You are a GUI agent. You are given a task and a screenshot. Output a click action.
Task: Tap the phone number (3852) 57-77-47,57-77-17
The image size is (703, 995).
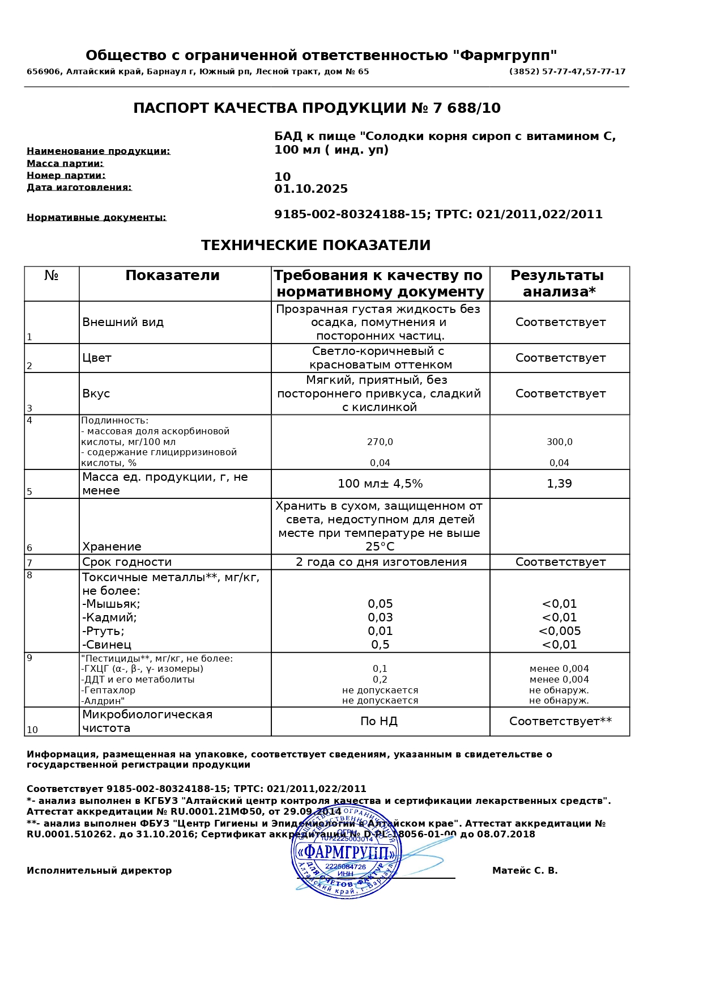point(567,72)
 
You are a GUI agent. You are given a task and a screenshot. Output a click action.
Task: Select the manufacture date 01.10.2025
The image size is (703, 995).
point(311,189)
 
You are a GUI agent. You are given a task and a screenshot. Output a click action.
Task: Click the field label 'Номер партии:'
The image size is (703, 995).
point(66,176)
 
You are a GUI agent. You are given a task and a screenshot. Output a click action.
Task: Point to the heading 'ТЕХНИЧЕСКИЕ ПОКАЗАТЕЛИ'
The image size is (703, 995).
point(316,245)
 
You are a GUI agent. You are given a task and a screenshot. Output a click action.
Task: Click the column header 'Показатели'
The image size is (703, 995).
point(172,276)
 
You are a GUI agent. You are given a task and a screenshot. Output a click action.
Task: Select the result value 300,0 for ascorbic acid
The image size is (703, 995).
point(559,442)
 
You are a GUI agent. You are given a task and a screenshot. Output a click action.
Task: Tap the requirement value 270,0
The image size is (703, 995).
point(380,442)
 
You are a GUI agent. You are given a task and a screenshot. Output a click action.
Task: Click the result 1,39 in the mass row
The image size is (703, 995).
point(559,484)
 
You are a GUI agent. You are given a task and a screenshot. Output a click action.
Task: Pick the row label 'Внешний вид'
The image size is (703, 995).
point(123,322)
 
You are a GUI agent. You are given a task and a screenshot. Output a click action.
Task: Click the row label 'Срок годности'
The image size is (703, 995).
point(127,562)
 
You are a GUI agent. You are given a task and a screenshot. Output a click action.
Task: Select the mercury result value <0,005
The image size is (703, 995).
point(559,631)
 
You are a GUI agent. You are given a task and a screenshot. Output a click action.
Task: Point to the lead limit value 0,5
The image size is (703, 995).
point(380,645)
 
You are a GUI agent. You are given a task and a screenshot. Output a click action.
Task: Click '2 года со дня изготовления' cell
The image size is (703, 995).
point(381,562)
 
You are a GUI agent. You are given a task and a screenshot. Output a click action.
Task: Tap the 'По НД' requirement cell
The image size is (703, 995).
point(379,721)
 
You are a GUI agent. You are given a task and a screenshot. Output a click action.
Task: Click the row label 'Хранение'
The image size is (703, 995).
point(112,547)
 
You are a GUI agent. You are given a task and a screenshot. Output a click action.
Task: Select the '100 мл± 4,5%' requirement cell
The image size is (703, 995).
point(380,484)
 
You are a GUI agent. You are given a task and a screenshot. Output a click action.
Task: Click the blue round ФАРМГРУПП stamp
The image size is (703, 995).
point(346,852)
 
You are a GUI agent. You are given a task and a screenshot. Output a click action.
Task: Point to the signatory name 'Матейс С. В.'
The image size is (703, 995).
point(525,871)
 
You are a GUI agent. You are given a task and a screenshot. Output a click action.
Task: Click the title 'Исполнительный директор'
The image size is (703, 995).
point(99,871)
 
